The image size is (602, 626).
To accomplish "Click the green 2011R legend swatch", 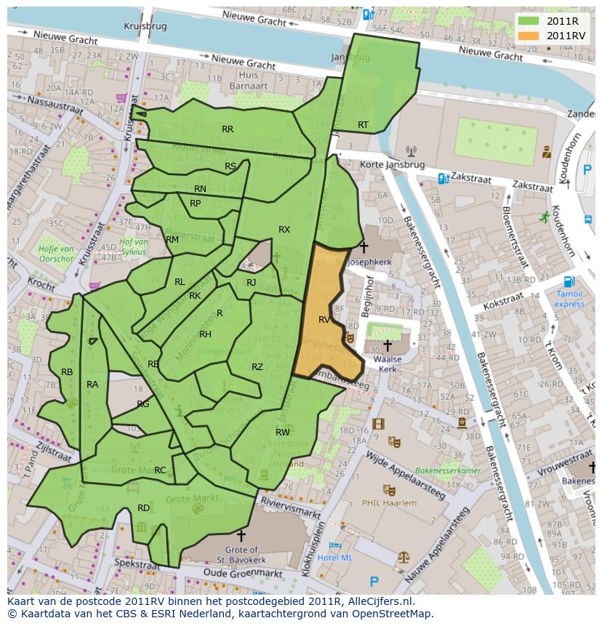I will pos(529,20).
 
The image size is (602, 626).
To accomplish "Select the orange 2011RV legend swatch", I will pos(529,35).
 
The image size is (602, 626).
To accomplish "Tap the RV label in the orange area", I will pos(324,319).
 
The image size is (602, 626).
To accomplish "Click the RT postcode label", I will pos(363,125).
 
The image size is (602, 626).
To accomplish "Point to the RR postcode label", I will pos(228,129).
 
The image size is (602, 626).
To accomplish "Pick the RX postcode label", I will pos(284,229).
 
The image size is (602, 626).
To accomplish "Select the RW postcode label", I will pos(283,432).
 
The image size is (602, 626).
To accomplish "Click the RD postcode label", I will pos(144,507).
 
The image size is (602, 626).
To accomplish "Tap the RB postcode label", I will pos(67,372).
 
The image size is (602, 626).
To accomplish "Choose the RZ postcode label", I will pos(257,367).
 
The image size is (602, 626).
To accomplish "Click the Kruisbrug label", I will pos(145,25).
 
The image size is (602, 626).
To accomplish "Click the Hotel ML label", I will pos(335,557).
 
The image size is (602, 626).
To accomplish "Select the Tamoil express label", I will pos(569,299).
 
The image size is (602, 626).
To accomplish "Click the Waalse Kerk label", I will pos(387,364).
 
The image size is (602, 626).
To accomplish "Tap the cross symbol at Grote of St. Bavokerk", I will pos(241,537).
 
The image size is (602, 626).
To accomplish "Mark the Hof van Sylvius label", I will pos(134,246).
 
